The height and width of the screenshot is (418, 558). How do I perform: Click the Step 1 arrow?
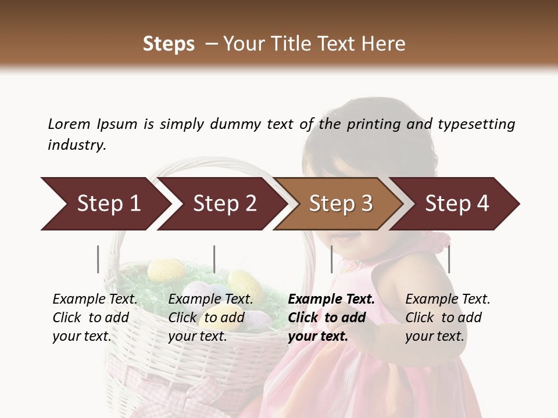(x=109, y=204)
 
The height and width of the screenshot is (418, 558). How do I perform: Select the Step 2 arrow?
(x=224, y=204)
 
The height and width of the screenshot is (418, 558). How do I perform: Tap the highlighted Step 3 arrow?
(x=341, y=204)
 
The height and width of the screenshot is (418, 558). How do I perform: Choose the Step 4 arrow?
(x=457, y=204)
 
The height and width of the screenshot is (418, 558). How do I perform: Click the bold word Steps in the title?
(x=169, y=44)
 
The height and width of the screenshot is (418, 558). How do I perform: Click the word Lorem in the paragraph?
(x=69, y=124)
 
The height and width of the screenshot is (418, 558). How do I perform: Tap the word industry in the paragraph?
(x=77, y=145)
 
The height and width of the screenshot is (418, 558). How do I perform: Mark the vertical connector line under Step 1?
(x=98, y=259)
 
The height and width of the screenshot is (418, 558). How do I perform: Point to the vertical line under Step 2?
(x=214, y=259)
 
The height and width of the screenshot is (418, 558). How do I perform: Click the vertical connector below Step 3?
(x=331, y=259)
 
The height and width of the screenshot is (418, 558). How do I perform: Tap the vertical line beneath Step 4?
(x=449, y=259)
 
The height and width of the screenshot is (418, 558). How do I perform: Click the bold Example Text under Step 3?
(x=331, y=299)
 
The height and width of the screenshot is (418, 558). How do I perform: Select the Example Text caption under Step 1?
(x=95, y=299)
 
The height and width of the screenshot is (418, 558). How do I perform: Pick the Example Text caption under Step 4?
(x=448, y=299)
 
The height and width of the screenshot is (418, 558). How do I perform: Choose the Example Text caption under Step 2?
(x=210, y=299)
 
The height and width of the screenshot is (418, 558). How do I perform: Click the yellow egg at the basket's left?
(x=166, y=269)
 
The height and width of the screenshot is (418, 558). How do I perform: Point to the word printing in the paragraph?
(x=373, y=124)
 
